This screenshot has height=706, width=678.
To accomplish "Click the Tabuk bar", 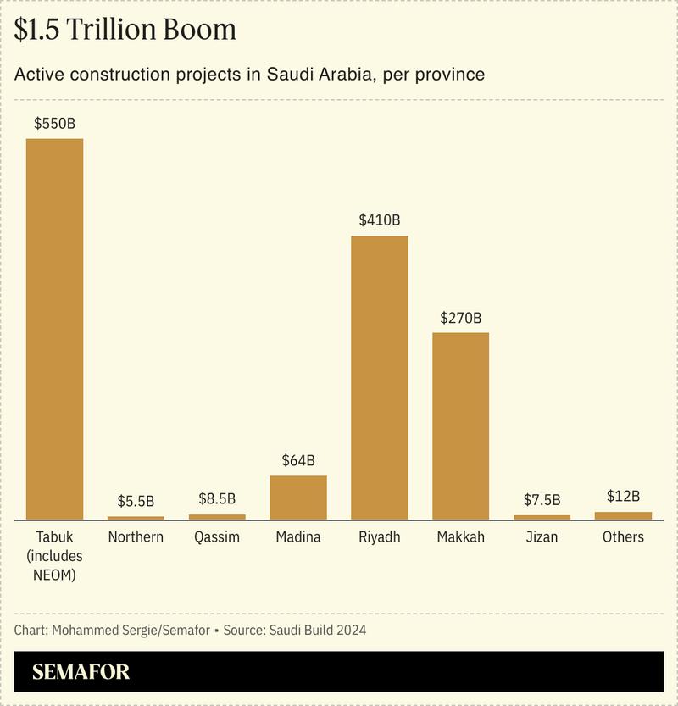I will click(x=54, y=329).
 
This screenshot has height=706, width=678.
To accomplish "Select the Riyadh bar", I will click(x=380, y=377).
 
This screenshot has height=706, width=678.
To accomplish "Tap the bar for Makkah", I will click(x=461, y=425).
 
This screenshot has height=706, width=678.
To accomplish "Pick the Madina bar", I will click(x=298, y=498).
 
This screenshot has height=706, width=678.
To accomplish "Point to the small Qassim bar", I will click(x=217, y=516).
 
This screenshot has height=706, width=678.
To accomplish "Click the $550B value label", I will click(x=54, y=124).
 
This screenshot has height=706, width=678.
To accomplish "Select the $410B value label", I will click(x=380, y=220).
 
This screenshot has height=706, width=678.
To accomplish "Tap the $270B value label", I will click(x=461, y=318).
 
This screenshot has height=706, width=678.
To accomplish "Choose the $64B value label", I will click(x=298, y=461).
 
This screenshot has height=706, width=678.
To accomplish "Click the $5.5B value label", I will click(x=136, y=501).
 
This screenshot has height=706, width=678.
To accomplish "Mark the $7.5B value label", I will click(x=542, y=500).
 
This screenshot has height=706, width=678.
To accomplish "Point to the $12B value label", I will click(x=624, y=497).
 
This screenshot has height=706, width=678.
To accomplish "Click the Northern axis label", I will click(x=136, y=537).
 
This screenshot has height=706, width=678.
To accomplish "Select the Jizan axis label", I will click(x=542, y=537).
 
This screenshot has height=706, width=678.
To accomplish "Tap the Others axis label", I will click(x=624, y=537).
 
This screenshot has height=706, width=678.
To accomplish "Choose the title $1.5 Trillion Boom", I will click(x=125, y=31).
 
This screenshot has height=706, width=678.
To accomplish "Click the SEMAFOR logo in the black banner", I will click(x=81, y=673).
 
